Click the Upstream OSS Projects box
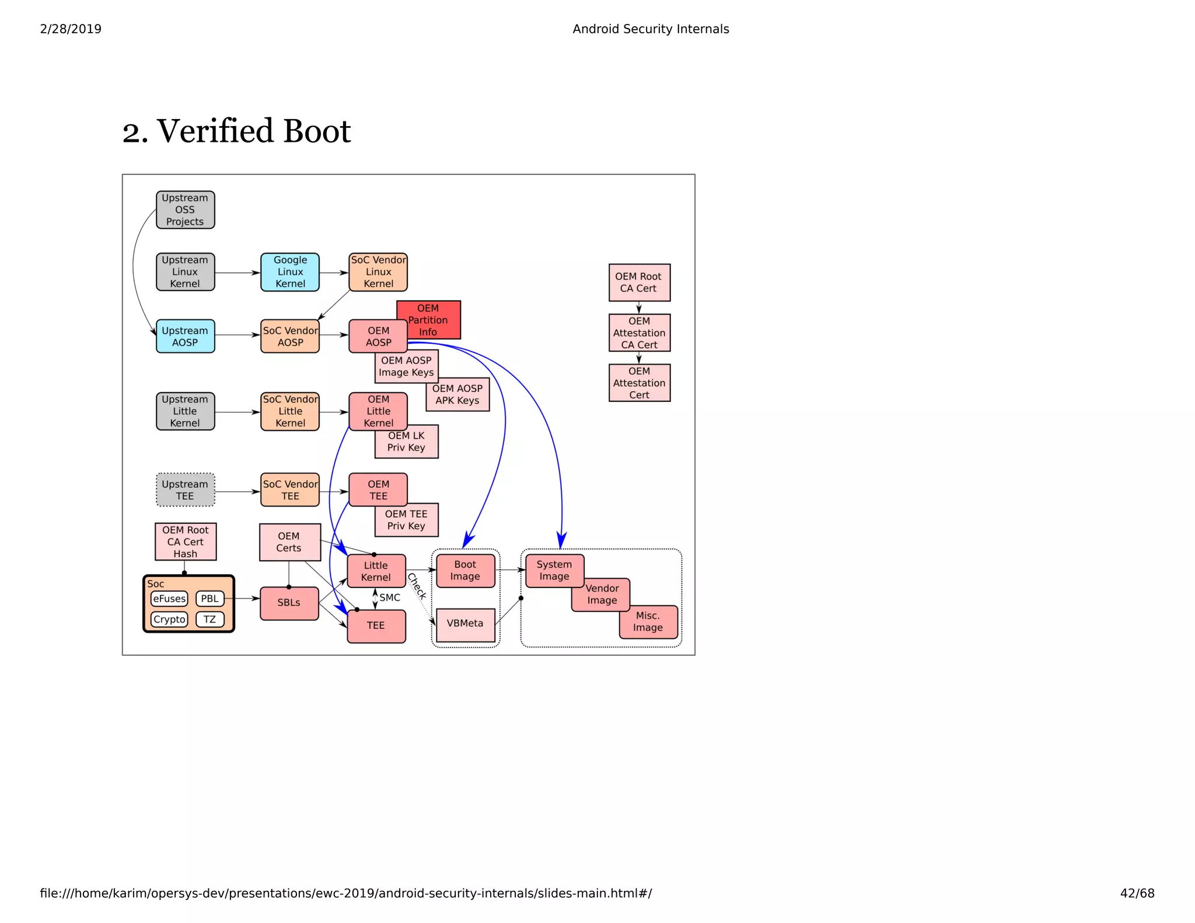tap(185, 210)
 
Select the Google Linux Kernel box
tap(290, 272)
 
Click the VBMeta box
tap(465, 624)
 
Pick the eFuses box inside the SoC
tap(169, 599)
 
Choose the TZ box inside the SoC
tap(209, 620)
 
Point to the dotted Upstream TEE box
tap(185, 490)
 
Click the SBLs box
tap(289, 603)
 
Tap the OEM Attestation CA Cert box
tap(639, 333)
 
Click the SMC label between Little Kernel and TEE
tap(390, 597)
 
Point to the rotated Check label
tap(417, 586)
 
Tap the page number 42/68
tap(1137, 893)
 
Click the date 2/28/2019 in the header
tap(71, 29)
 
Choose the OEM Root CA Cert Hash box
tap(185, 542)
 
